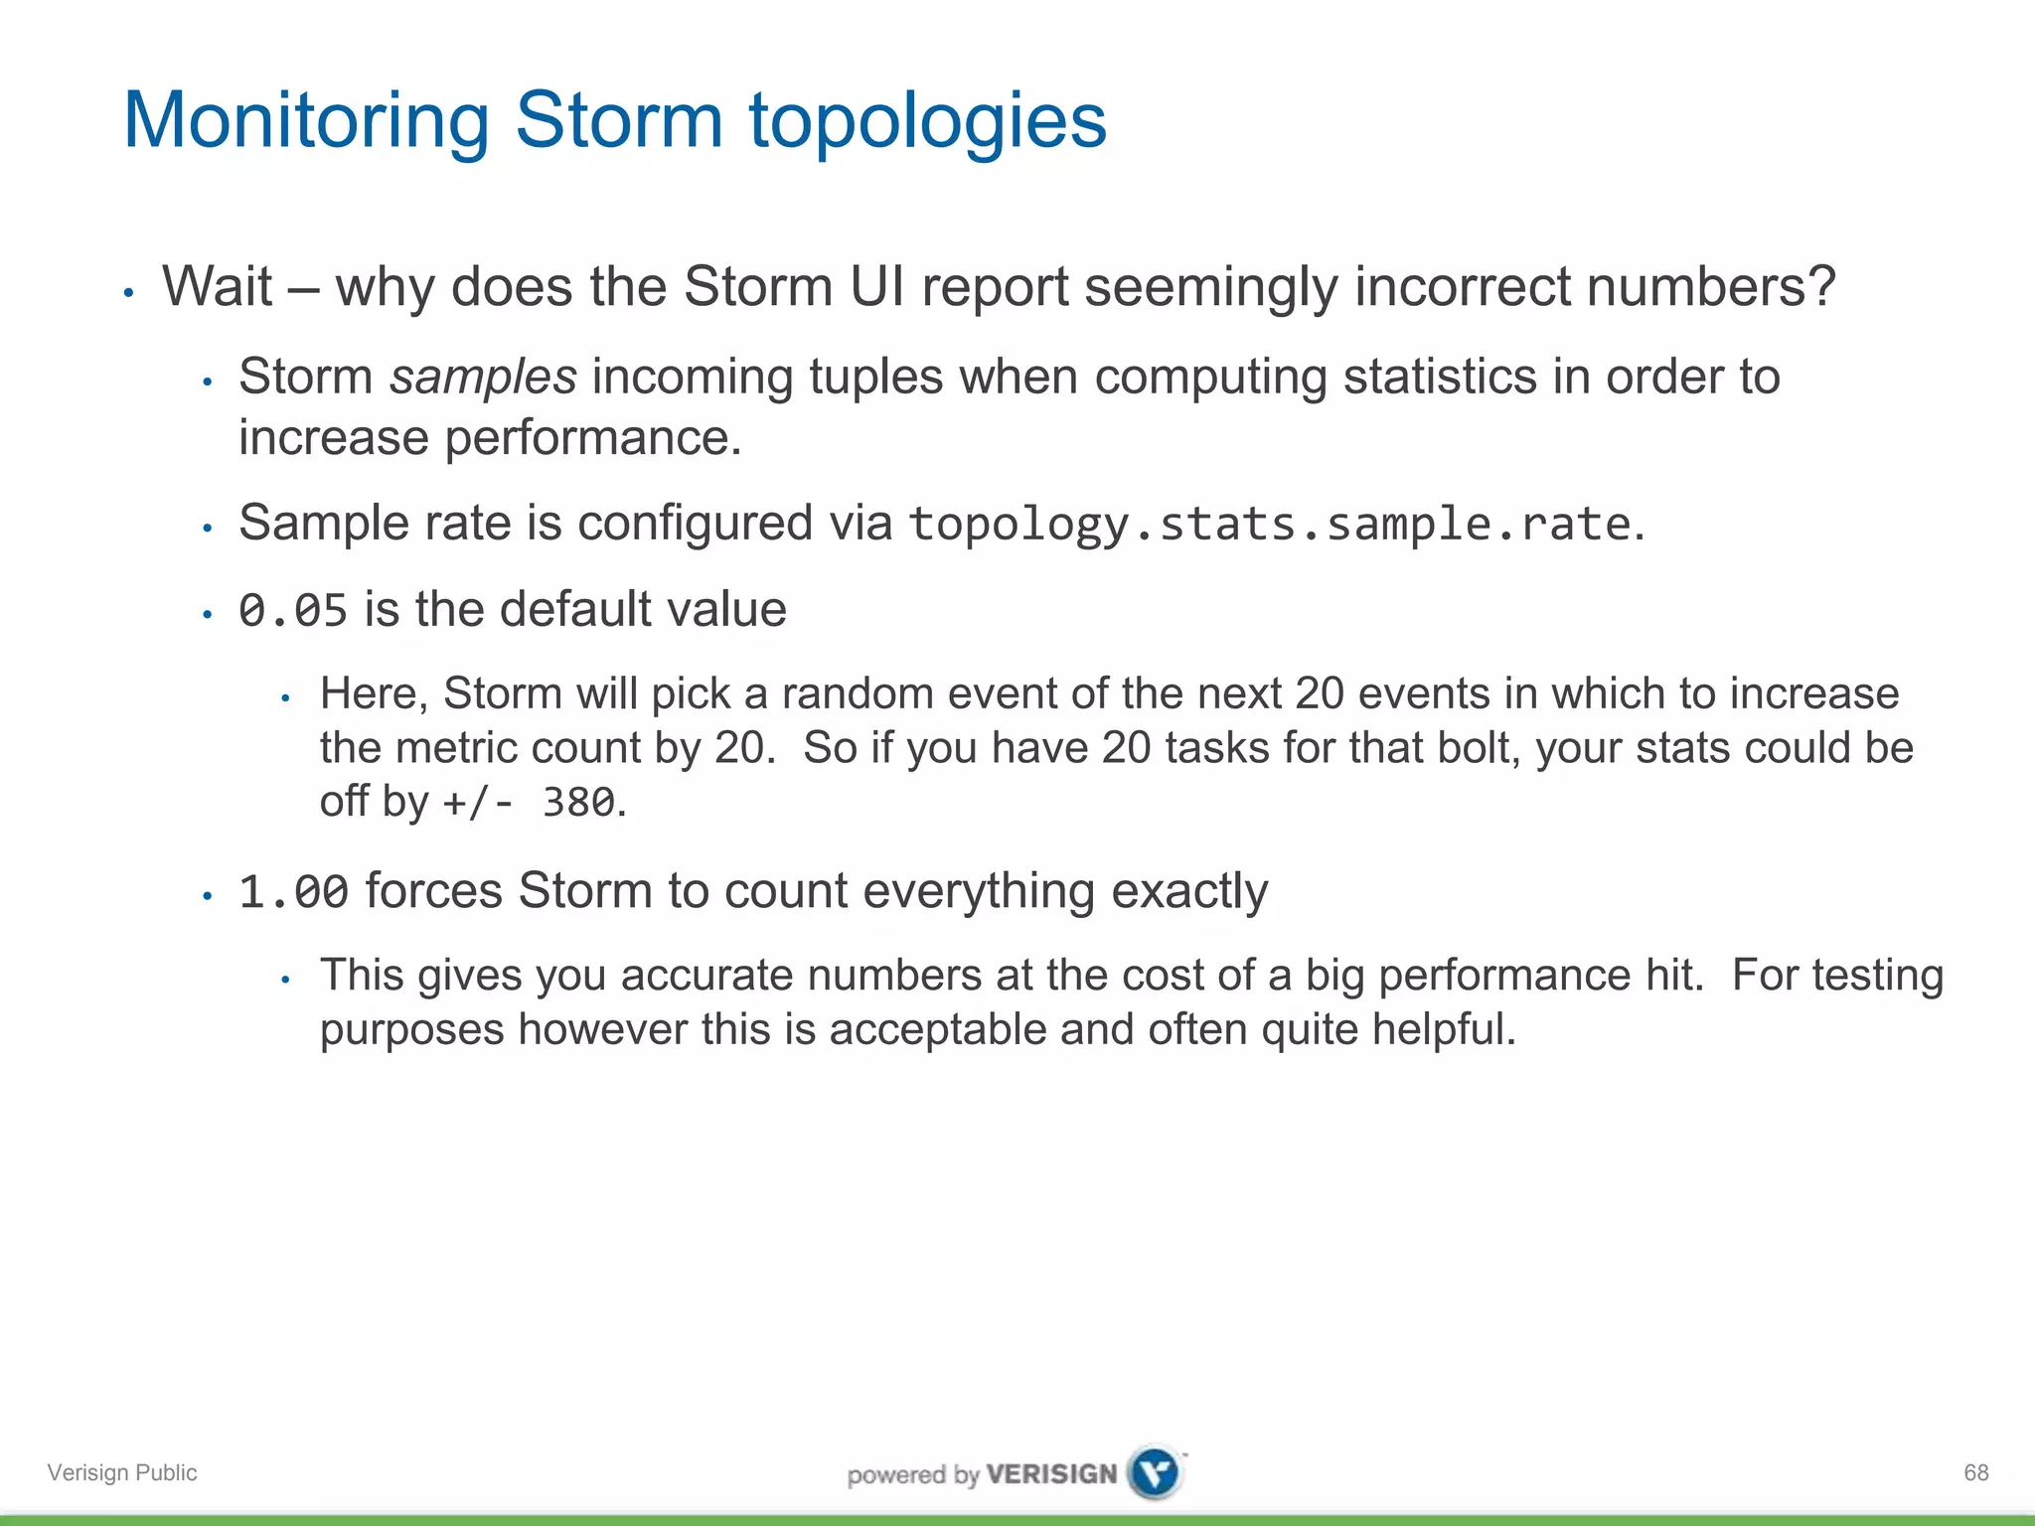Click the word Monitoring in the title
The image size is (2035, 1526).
(306, 121)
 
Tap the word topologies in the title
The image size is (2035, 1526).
(927, 121)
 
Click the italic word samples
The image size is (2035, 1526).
(483, 377)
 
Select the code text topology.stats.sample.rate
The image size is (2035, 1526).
(1270, 524)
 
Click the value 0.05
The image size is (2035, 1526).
(293, 610)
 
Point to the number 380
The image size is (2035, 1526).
(578, 802)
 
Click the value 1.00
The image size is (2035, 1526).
(293, 891)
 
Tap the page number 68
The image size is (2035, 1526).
(1975, 1472)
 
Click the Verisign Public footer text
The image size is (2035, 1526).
(122, 1472)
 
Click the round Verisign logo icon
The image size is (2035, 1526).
(1156, 1472)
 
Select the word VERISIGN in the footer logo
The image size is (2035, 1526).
(1051, 1474)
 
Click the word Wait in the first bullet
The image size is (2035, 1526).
(217, 287)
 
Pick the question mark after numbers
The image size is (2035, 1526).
(1820, 287)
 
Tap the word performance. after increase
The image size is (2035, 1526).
(592, 438)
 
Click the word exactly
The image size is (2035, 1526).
(1188, 891)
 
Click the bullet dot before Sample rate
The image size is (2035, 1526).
(208, 528)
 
